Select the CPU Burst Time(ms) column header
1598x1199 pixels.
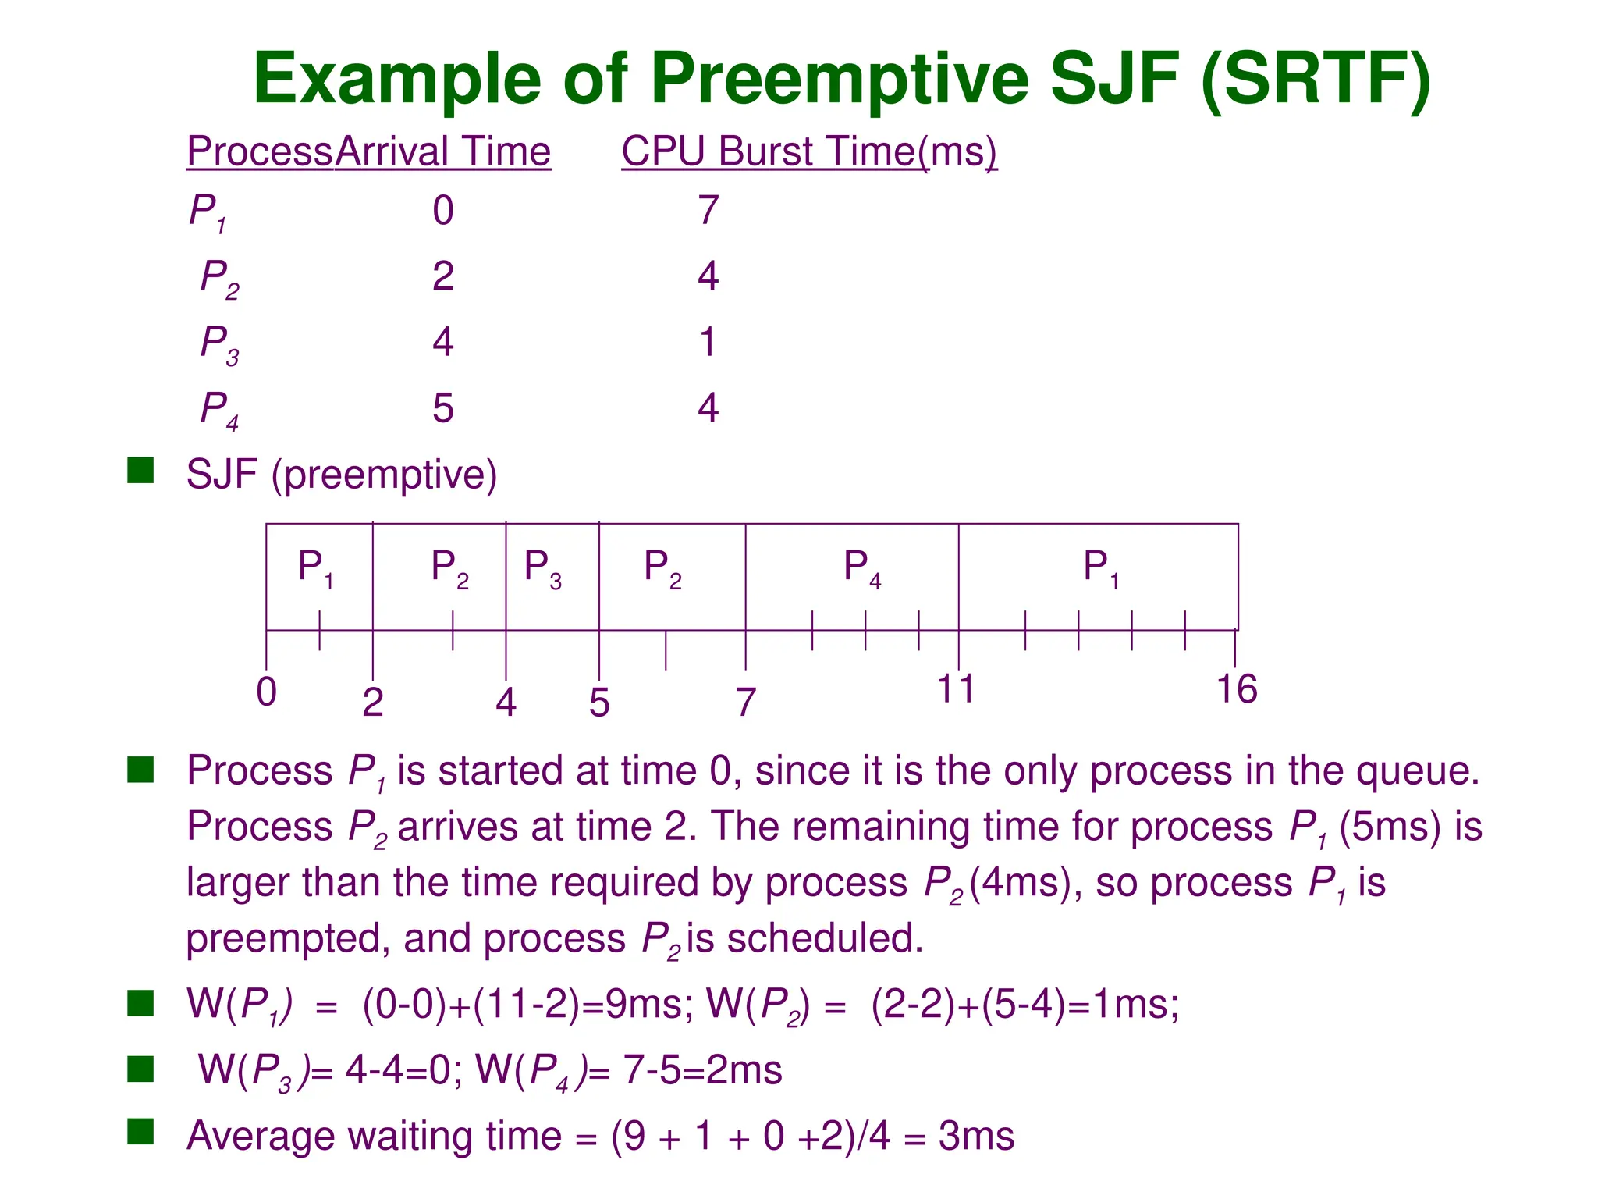[808, 151]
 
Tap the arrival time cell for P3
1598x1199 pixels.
[442, 342]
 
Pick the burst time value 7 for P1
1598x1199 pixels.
[707, 210]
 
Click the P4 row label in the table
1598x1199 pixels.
[219, 409]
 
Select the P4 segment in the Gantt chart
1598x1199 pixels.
[861, 568]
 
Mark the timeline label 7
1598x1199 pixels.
[746, 703]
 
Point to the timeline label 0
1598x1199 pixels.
[267, 692]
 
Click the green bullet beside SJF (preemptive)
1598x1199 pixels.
[140, 471]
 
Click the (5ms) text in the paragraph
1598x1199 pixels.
[1390, 827]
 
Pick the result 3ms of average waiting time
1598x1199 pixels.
[976, 1137]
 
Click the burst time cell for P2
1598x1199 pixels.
[707, 276]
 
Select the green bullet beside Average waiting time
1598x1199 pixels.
[140, 1131]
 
